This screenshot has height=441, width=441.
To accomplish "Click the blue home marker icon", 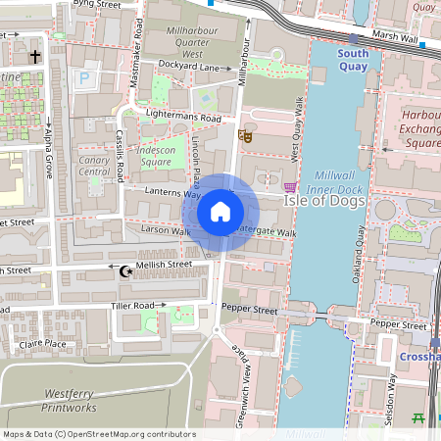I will (x=220, y=212).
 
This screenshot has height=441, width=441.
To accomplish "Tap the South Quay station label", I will (x=353, y=59).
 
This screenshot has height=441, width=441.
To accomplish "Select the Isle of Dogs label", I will (x=324, y=201).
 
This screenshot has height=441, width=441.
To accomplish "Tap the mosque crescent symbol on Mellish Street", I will (x=124, y=270).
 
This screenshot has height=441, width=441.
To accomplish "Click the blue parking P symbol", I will (x=83, y=75).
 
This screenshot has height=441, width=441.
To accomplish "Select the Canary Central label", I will (x=95, y=166).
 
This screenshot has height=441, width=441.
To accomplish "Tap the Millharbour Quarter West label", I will (x=185, y=43).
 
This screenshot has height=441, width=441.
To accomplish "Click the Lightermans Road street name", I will (x=184, y=117).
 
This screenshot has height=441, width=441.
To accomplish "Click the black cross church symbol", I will (x=35, y=56).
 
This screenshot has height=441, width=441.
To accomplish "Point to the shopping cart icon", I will (x=289, y=186).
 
